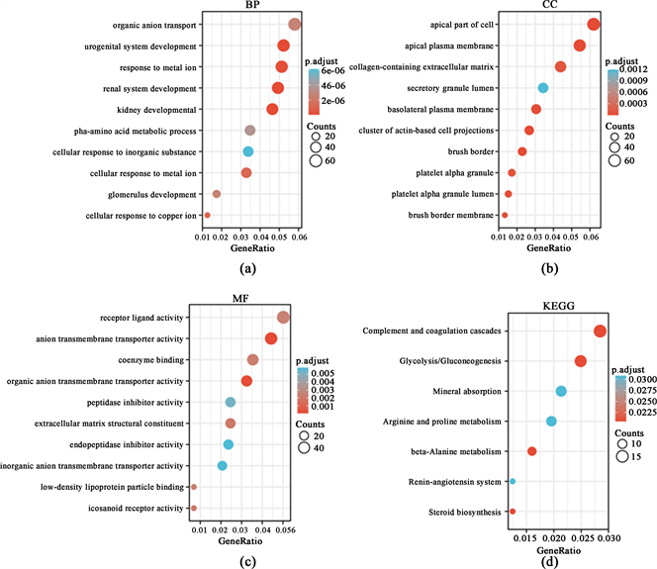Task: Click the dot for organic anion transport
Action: pyautogui.click(x=295, y=24)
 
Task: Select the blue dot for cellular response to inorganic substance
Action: pyautogui.click(x=248, y=151)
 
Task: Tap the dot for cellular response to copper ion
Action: pyautogui.click(x=208, y=215)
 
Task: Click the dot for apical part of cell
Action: pyautogui.click(x=593, y=24)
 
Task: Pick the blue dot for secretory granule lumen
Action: pyautogui.click(x=542, y=88)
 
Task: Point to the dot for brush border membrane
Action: pyautogui.click(x=505, y=215)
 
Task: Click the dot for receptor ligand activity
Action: pyautogui.click(x=284, y=318)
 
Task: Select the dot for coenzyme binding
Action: pyautogui.click(x=252, y=359)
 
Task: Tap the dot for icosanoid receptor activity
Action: pyautogui.click(x=195, y=508)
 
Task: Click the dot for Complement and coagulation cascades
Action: pyautogui.click(x=600, y=331)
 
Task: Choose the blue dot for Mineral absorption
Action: pyautogui.click(x=561, y=391)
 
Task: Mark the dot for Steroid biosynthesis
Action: pyautogui.click(x=513, y=511)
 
